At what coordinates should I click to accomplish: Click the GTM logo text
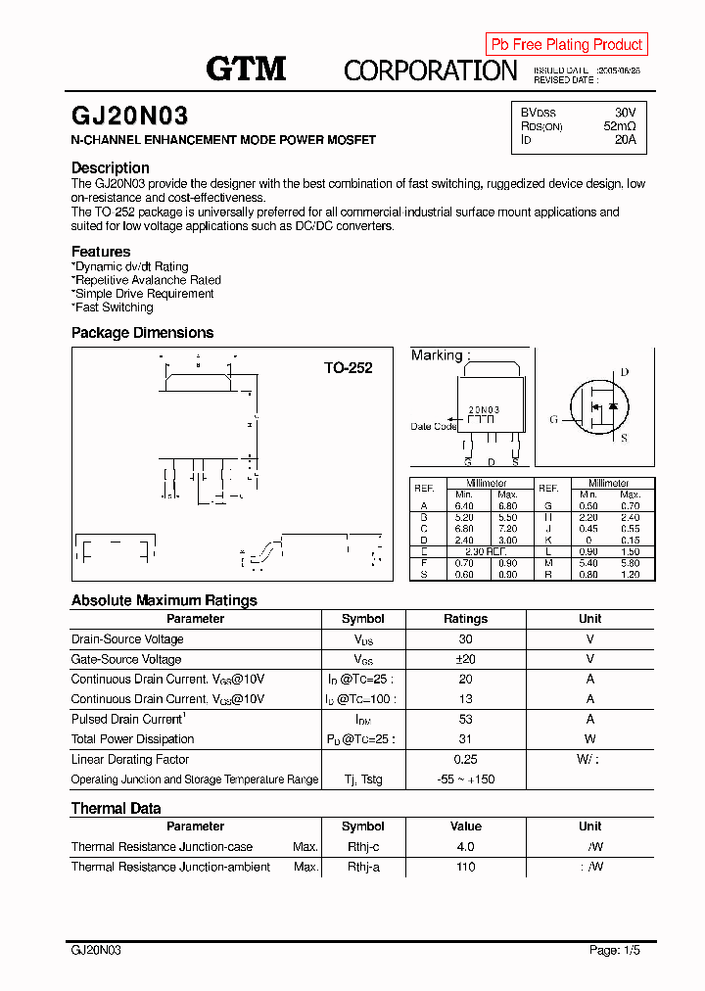point(246,69)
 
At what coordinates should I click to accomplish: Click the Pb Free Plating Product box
point(566,44)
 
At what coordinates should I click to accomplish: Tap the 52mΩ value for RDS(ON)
point(619,126)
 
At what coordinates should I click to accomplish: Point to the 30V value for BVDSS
point(625,113)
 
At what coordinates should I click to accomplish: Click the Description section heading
point(111,167)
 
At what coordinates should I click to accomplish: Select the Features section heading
point(101,252)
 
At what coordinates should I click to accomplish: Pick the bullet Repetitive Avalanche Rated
point(147,280)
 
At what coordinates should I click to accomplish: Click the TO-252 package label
point(349,368)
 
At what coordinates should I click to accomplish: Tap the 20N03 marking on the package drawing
point(484,410)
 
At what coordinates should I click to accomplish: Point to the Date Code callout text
point(434,426)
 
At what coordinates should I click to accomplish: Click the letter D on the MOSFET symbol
point(624,372)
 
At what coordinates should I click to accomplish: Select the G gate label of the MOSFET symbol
point(553,419)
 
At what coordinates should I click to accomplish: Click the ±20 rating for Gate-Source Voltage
point(465,659)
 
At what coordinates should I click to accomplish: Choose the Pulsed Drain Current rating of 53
point(465,719)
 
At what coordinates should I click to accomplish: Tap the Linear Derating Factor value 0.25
point(465,759)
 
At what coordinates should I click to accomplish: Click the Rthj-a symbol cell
point(363,867)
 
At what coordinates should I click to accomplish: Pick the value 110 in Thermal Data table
point(465,867)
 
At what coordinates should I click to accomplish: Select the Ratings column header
point(465,619)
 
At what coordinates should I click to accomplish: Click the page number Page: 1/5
point(615,950)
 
